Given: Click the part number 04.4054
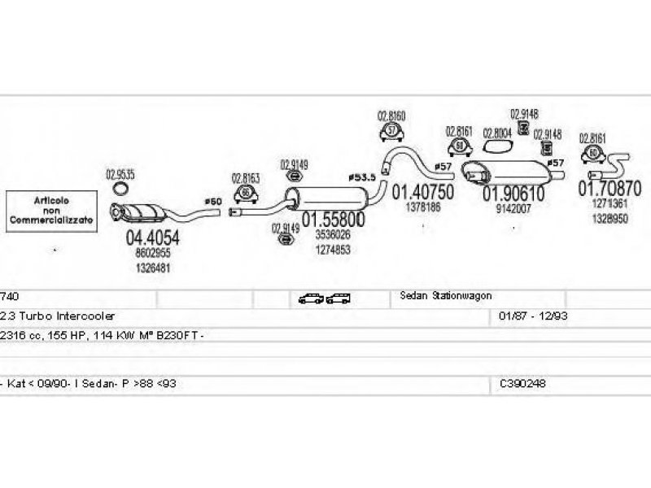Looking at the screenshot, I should click(x=151, y=237).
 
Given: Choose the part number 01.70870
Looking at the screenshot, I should click(x=609, y=189).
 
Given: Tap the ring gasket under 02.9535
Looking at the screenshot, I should click(x=120, y=190).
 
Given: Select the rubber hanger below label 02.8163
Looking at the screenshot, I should click(x=245, y=193).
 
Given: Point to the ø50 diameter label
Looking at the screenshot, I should click(x=212, y=201).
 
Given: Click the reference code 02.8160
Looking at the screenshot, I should click(x=391, y=115).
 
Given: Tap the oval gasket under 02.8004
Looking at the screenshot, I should click(x=497, y=146).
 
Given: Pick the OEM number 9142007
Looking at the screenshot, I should click(x=513, y=209).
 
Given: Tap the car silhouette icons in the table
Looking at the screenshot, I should click(x=323, y=298).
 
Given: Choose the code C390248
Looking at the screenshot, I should click(x=524, y=382).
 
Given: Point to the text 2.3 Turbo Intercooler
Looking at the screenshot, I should click(x=59, y=315).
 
